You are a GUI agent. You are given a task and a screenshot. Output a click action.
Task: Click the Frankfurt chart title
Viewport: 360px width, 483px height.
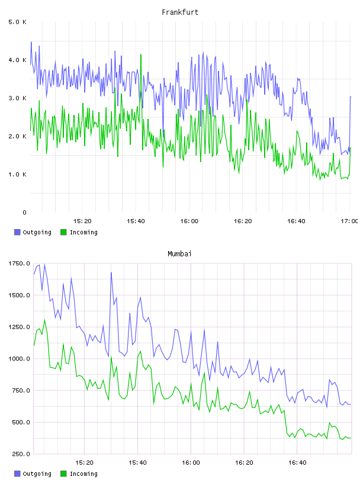tap(180, 12)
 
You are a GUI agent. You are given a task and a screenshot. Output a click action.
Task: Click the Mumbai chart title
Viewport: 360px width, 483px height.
tap(179, 253)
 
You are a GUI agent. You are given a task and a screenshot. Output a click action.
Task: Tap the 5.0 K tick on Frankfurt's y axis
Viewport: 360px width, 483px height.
tap(17, 22)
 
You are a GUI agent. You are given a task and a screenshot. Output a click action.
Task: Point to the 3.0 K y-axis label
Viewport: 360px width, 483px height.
tap(17, 98)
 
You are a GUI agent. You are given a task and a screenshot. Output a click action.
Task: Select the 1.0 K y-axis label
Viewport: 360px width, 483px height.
tap(17, 175)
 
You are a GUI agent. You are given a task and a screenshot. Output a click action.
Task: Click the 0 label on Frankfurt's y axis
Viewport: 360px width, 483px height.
tap(24, 212)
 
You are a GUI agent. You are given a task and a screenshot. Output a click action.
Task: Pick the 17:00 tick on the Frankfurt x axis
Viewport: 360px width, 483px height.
tap(349, 221)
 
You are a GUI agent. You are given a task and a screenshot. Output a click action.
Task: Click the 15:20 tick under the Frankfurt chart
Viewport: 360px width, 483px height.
tap(82, 221)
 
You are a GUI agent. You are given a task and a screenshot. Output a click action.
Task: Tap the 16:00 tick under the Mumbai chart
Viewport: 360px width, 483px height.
tap(191, 463)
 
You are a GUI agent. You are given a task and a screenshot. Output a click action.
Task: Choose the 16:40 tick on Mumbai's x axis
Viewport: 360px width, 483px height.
tap(297, 463)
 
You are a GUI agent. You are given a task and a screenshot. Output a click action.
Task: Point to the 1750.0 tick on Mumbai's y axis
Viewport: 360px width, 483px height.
tap(19, 263)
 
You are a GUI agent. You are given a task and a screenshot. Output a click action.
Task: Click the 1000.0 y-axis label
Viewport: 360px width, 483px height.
tap(19, 359)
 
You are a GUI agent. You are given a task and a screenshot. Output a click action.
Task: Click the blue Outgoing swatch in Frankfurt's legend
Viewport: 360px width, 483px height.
tap(17, 232)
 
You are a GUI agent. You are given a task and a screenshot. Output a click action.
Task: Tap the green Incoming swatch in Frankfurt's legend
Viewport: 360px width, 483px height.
tap(63, 232)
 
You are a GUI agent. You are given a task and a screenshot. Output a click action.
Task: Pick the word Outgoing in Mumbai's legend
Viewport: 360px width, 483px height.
tap(37, 474)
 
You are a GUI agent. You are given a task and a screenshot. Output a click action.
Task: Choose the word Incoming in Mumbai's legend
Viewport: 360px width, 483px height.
tap(83, 474)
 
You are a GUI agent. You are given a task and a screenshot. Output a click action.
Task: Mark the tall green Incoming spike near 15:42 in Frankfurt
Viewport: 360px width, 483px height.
tap(141, 55)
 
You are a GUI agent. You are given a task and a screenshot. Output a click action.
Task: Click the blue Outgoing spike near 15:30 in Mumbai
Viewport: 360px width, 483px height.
tap(111, 273)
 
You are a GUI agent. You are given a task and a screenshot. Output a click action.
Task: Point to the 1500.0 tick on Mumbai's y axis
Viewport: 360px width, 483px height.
tap(19, 295)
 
